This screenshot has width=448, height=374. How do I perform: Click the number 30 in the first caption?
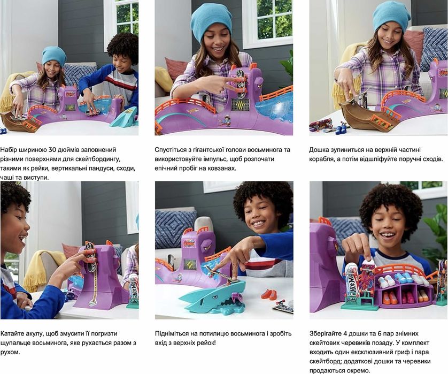(52, 149)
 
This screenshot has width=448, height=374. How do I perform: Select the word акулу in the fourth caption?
(35, 334)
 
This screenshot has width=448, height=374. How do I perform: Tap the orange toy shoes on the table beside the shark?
(269, 294)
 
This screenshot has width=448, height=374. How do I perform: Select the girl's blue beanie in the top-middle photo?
(211, 23)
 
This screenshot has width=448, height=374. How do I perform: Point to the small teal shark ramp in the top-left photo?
(125, 117)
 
